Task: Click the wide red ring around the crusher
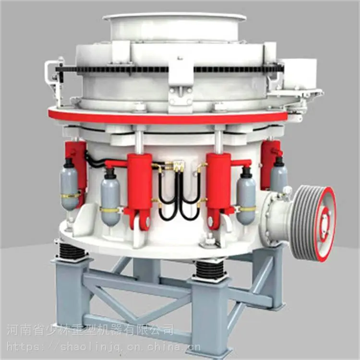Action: pos(168,117)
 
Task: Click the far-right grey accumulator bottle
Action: pos(279,175)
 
